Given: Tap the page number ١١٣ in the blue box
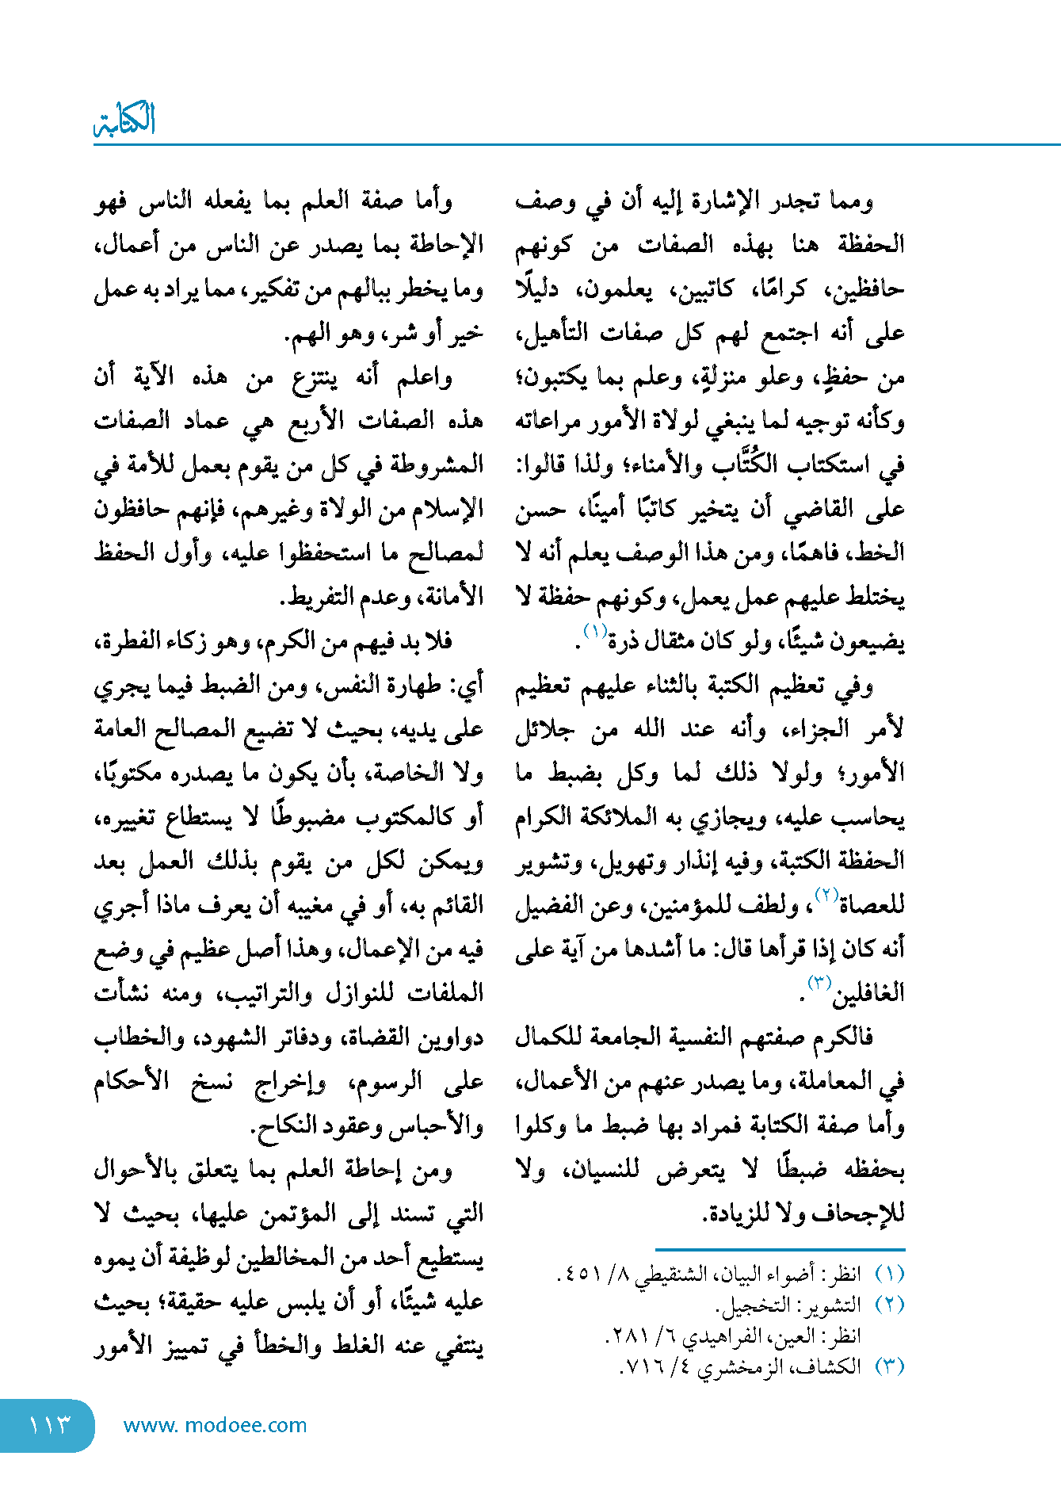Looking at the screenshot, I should click(49, 1425).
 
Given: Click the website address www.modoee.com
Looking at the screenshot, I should click(215, 1425).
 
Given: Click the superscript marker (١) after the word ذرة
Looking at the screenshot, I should click(595, 632).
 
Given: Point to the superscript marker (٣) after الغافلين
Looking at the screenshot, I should click(817, 984).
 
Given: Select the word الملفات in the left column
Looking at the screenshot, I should click(447, 994).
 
